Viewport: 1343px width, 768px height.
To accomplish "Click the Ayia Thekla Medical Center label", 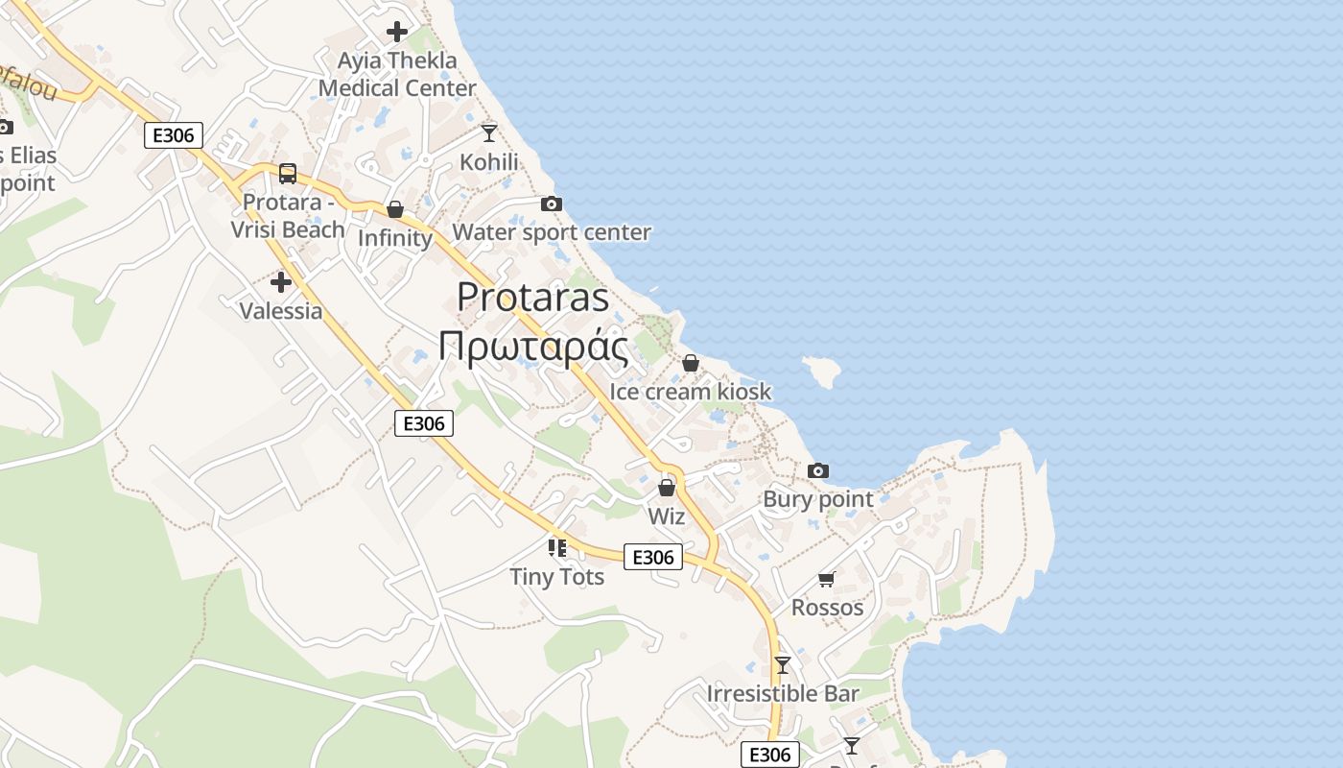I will point(397,74).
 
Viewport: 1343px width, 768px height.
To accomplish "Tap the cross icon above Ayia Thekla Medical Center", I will point(396,32).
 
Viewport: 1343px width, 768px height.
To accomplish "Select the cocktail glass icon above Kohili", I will point(489,132).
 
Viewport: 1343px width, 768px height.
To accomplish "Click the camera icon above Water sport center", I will point(551,204).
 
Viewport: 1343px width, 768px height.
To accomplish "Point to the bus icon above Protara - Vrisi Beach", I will point(287,174).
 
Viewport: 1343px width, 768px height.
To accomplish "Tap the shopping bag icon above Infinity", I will point(394,209).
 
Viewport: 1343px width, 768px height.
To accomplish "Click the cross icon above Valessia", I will point(281,282).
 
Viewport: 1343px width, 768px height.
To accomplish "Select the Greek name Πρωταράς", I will point(533,347).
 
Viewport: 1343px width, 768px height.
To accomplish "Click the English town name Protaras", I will point(533,298).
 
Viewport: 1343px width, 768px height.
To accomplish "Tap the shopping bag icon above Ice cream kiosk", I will point(690,363).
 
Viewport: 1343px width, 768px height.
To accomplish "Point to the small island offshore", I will point(822,369).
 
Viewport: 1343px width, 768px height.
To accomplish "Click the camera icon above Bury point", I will point(817,470).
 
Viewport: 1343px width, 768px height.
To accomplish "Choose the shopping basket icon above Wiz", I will point(667,489).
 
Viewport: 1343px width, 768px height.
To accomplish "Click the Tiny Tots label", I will point(556,577).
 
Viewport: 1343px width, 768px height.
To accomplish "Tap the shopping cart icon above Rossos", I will point(826,579).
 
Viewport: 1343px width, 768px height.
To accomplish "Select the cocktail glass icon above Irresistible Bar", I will point(783,664).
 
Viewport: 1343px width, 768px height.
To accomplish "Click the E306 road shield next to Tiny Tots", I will point(653,557).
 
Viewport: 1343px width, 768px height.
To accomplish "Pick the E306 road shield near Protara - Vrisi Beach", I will point(174,135).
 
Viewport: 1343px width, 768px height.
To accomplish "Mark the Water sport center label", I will point(552,232).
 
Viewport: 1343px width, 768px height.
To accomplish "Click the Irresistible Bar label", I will point(783,693).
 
